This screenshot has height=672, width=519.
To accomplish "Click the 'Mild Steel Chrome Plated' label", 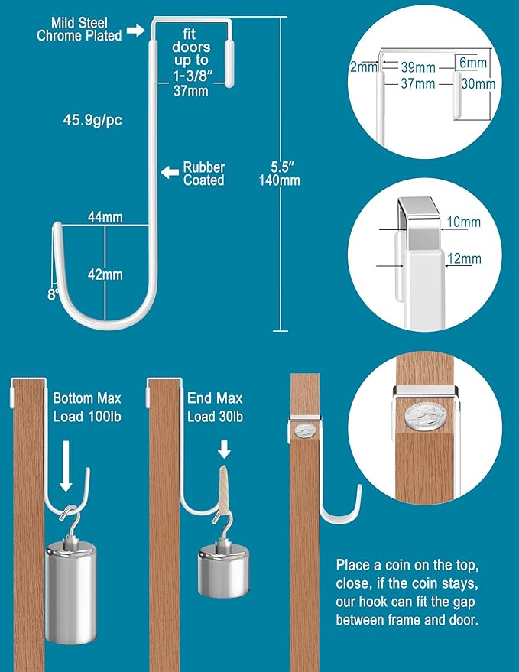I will coord(79,29).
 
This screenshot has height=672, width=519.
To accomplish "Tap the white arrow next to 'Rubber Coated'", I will coord(168,173).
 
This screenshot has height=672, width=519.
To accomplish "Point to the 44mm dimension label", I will coord(105,218).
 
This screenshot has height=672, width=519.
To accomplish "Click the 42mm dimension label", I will coord(105,274).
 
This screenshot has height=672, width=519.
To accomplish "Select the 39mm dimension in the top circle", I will coord(418,67).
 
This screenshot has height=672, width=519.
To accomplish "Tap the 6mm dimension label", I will coord(473,62).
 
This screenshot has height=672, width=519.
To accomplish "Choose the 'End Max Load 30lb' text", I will coord(215,407).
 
